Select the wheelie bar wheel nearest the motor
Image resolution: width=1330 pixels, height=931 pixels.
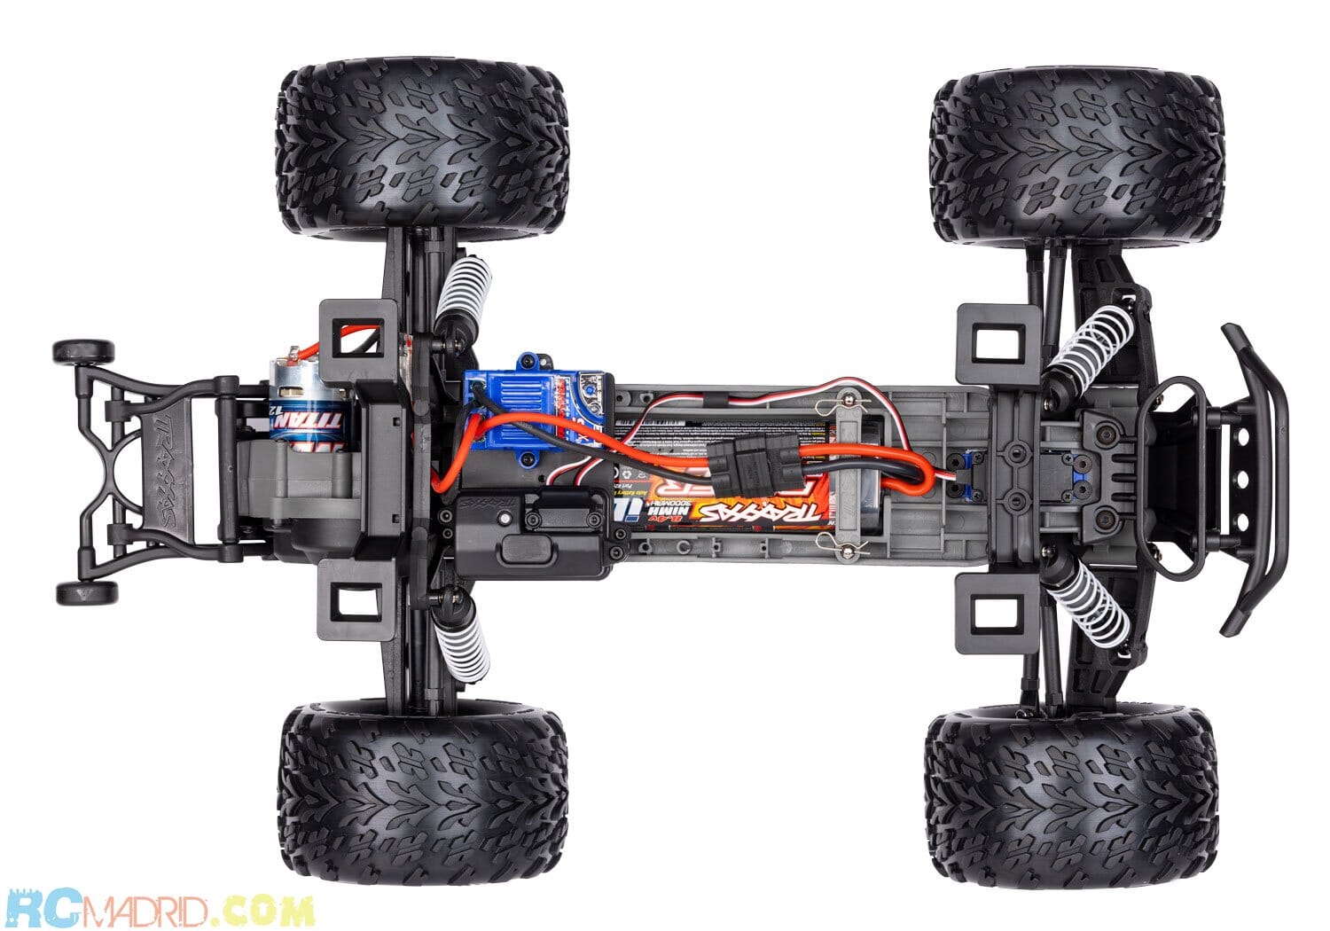pos(83,352)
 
